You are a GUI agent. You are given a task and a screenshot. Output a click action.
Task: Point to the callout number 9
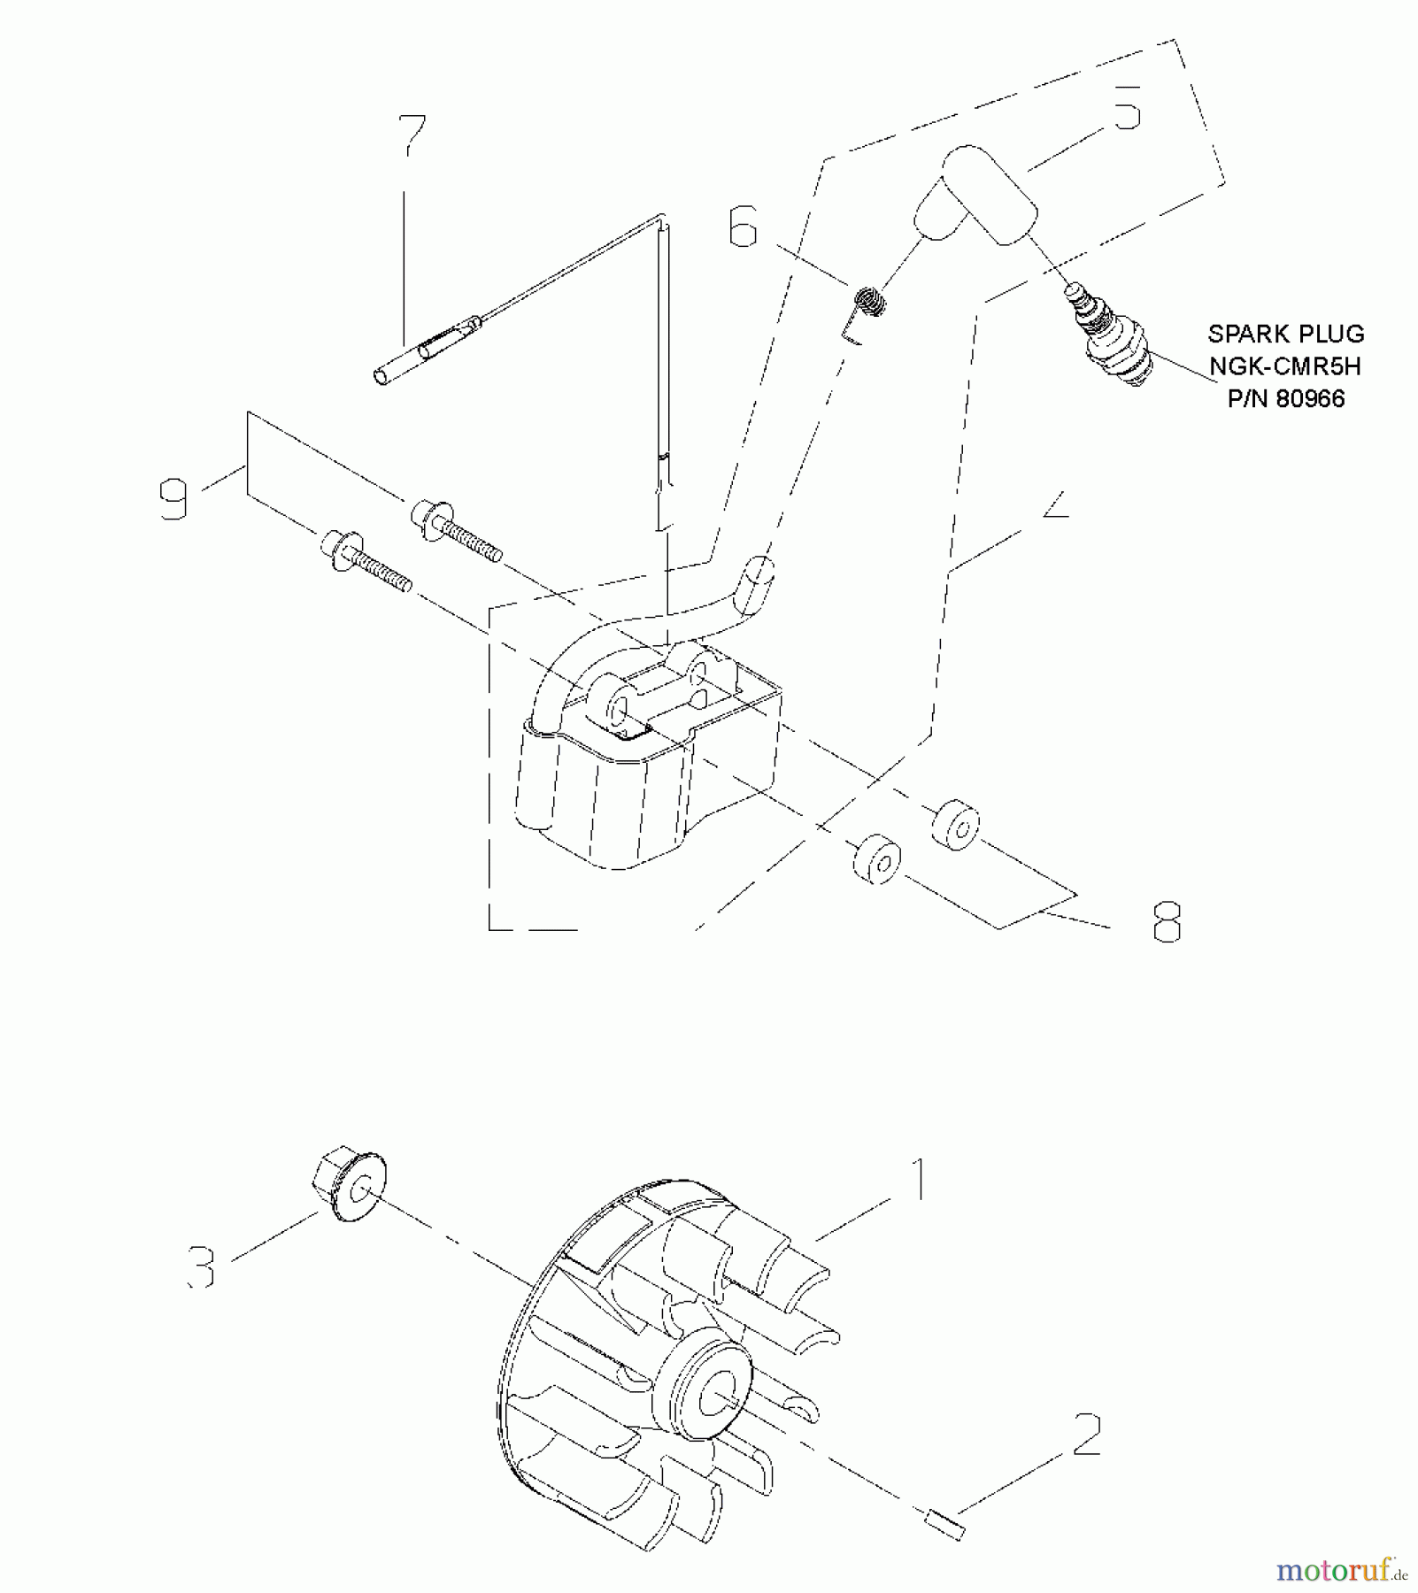coord(174,498)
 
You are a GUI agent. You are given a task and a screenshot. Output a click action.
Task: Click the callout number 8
coord(1167,922)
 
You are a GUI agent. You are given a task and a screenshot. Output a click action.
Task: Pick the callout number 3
coord(203,1267)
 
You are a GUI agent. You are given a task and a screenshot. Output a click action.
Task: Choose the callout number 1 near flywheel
coord(920,1179)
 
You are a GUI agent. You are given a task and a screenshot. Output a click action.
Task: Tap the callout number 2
coord(1087,1435)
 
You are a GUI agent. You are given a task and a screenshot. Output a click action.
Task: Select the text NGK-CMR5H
coord(1284,366)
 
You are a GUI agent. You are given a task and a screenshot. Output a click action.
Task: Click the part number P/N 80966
coord(1286,399)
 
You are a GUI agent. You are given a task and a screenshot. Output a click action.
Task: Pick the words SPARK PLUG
coord(1285,334)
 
